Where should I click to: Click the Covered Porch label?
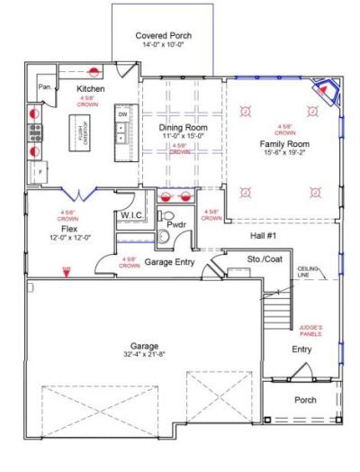pyautogui.click(x=163, y=36)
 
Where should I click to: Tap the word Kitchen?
pyautogui.click(x=92, y=89)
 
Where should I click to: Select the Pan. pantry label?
pyautogui.click(x=43, y=86)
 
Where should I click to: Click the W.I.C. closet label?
pyautogui.click(x=132, y=216)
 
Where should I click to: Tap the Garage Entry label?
pyautogui.click(x=170, y=262)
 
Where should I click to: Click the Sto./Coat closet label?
pyautogui.click(x=240, y=259)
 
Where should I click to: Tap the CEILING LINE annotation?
pyautogui.click(x=310, y=272)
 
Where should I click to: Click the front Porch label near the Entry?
pyautogui.click(x=305, y=399)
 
